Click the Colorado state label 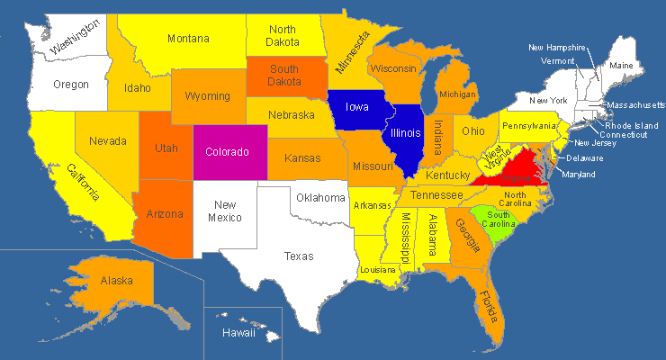pos(227,152)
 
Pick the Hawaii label pos(239,333)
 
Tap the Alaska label pos(117,280)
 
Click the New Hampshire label pos(557,48)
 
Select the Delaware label pos(585,158)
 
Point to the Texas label pos(299,256)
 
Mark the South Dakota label pos(284,75)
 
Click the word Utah pos(166,148)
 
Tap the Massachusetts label pos(635,105)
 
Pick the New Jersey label pos(595,143)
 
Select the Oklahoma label pos(320,197)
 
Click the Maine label pos(621,66)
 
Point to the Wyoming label pos(208,95)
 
